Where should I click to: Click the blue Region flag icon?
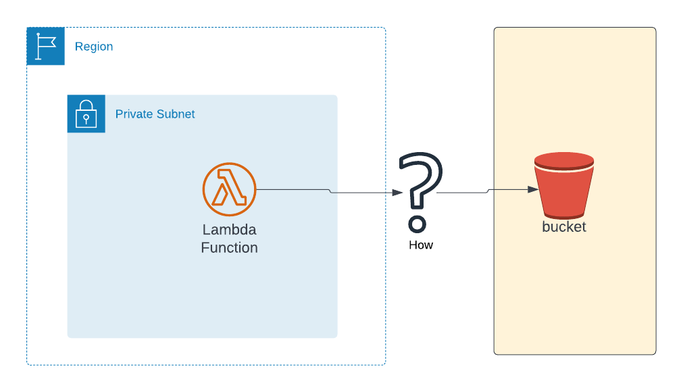[x=45, y=46]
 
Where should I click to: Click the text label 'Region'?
[x=94, y=47]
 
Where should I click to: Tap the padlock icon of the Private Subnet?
[x=86, y=114]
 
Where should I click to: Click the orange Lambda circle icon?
[x=229, y=189]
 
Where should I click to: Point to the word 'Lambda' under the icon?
[x=229, y=230]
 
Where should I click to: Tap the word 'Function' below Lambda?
[x=229, y=248]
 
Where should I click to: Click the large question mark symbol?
[x=420, y=179]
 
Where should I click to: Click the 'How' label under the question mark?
[x=420, y=245]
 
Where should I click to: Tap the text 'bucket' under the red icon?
[x=563, y=227]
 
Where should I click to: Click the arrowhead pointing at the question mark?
[x=398, y=193]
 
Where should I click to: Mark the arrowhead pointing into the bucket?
[x=534, y=190]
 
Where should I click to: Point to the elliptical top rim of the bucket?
[x=563, y=161]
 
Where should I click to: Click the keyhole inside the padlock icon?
[x=86, y=118]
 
